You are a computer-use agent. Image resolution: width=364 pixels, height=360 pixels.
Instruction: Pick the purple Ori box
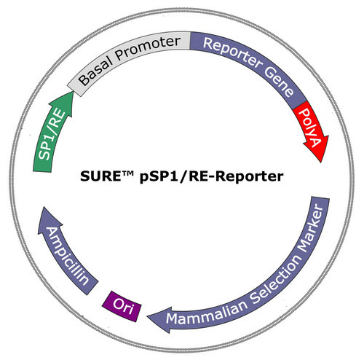122,306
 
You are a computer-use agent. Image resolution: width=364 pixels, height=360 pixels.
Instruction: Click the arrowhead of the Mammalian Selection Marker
160,319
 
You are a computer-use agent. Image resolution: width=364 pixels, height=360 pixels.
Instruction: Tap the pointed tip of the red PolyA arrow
321,163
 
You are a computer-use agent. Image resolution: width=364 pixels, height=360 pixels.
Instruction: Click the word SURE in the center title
100,176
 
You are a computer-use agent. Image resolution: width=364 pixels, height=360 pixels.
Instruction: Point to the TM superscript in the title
127,173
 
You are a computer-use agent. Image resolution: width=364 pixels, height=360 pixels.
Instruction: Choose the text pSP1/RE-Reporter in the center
211,177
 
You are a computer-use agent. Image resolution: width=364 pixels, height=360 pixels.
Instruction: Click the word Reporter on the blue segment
232,52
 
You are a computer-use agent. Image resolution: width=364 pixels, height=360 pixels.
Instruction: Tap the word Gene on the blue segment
279,82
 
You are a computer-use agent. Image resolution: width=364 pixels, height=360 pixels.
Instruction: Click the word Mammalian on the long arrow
207,313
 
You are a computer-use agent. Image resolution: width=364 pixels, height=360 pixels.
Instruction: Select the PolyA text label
310,128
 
